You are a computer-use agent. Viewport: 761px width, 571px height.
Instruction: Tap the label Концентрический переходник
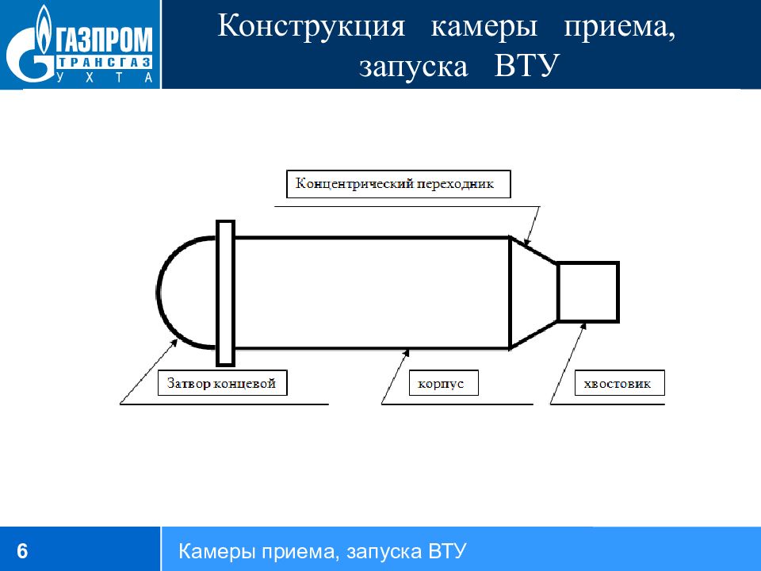[x=395, y=184]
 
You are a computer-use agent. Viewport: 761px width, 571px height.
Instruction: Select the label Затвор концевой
[x=221, y=384]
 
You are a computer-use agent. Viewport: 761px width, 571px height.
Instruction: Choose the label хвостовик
[x=618, y=384]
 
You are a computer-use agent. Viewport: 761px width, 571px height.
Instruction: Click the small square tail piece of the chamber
[x=587, y=292]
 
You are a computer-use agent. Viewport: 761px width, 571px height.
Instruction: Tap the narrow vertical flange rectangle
[x=225, y=293]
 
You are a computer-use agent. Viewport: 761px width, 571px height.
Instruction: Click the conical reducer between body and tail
[x=533, y=293]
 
